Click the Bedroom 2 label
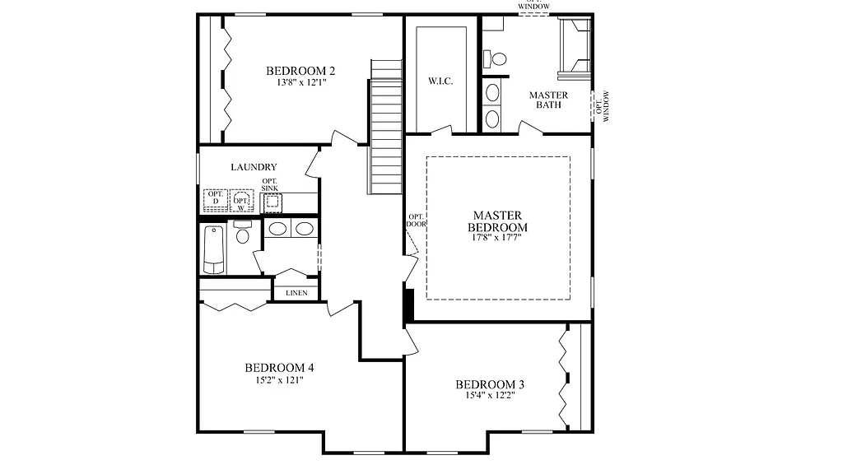[x=300, y=71]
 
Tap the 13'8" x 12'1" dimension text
[x=300, y=82]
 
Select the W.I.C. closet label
[x=440, y=81]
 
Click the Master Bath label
[x=548, y=100]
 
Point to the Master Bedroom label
[x=497, y=221]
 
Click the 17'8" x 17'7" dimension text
[x=497, y=237]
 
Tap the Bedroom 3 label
[x=490, y=384]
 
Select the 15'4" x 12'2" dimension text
[x=490, y=396]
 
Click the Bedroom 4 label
[x=279, y=368]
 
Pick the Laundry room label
[x=254, y=167]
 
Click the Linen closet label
[x=296, y=293]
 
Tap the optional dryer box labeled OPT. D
[x=216, y=198]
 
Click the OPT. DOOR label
[x=417, y=221]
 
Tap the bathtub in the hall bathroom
[x=213, y=249]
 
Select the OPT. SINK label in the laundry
[x=270, y=185]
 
